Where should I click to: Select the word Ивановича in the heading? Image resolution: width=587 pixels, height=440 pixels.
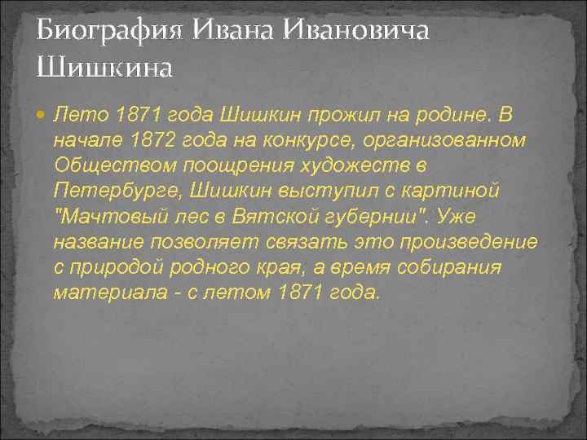click(355, 32)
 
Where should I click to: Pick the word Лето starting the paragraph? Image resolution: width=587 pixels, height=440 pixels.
click(80, 115)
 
